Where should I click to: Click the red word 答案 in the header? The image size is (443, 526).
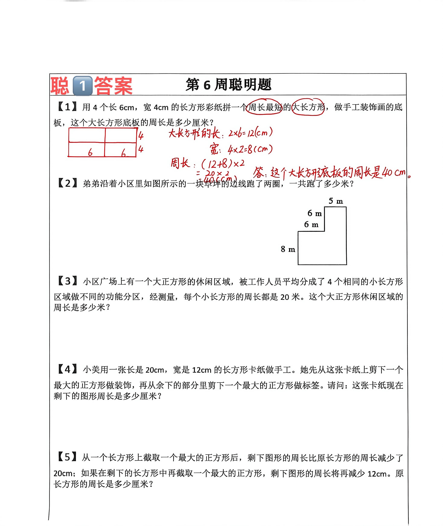pos(113,86)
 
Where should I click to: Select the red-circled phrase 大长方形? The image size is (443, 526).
pos(308,107)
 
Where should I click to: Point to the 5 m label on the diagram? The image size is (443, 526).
pos(336,201)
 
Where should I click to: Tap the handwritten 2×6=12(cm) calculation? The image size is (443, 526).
pos(250,132)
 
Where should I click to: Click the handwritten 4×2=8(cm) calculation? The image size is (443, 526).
pos(250,150)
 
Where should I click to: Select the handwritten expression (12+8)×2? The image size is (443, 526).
pos(223,164)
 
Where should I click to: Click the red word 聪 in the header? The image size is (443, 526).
pos(60,86)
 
